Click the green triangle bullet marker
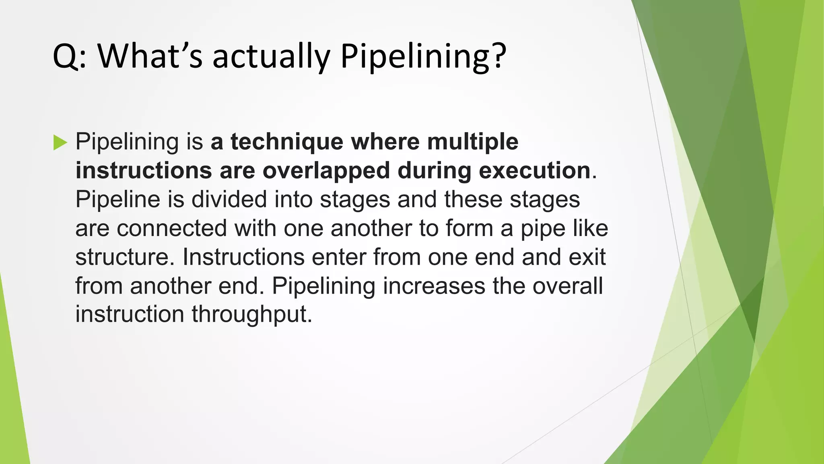pos(60,143)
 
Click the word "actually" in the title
pos(271,56)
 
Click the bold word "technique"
pos(287,142)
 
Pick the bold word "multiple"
pos(473,142)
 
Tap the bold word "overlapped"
pos(326,171)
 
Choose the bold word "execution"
pos(534,171)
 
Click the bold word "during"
pos(434,171)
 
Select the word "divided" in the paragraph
pos(229,199)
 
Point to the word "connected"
pos(172,228)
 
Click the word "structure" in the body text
pos(122,257)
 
